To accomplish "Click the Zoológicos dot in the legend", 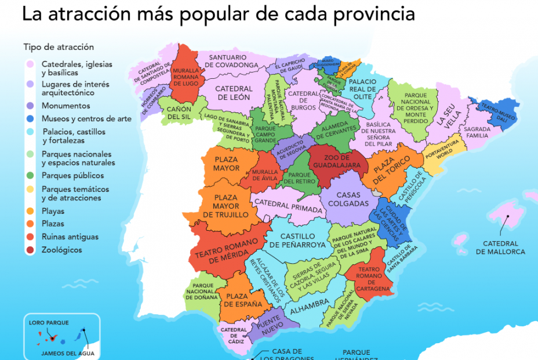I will (29, 250).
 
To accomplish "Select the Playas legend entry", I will (53, 212).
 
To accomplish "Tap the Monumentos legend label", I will (66, 106).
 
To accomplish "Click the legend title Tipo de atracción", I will (59, 47).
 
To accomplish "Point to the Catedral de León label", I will (234, 93).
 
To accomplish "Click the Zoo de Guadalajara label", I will (337, 161).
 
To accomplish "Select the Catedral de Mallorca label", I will (500, 248).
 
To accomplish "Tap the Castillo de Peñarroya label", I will (297, 241).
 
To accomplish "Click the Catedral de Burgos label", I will (302, 100).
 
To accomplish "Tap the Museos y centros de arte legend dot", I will (29, 119).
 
